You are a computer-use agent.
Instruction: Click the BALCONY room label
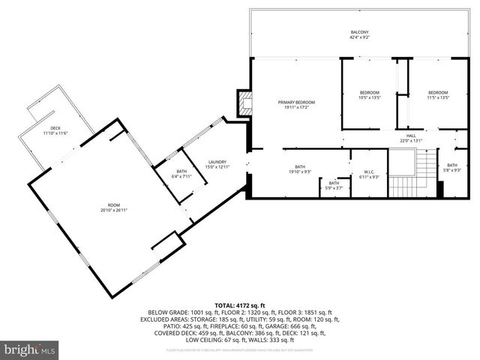click(x=360, y=32)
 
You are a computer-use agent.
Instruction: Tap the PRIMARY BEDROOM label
click(x=296, y=102)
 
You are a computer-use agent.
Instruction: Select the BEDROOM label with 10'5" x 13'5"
click(x=370, y=92)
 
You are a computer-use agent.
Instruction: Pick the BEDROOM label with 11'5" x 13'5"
click(x=438, y=92)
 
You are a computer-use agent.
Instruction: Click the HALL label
click(x=411, y=136)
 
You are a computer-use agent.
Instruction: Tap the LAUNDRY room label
click(x=217, y=162)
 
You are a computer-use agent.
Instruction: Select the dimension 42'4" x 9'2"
click(x=360, y=37)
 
